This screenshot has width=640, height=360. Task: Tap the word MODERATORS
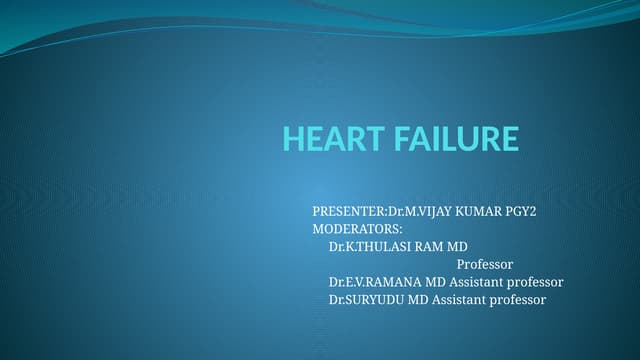(355, 230)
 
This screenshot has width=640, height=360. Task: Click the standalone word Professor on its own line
(485, 264)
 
